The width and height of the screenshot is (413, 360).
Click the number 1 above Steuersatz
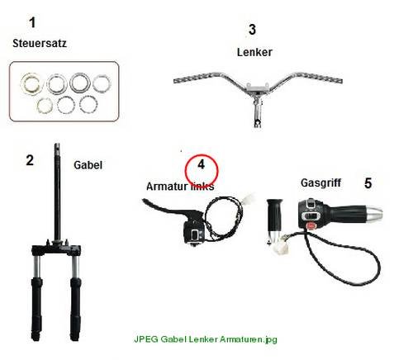[32, 22]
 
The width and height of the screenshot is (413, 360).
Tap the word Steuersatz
[40, 44]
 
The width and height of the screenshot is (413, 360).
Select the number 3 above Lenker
[252, 30]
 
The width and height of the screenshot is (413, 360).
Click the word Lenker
[254, 52]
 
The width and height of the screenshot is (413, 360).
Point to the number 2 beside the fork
[30, 160]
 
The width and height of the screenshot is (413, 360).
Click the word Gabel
[88, 165]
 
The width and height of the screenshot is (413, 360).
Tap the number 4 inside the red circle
[202, 164]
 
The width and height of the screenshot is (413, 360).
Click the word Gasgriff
[320, 183]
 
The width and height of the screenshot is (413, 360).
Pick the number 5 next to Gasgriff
[368, 183]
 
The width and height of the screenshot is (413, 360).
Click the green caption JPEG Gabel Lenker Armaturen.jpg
[206, 339]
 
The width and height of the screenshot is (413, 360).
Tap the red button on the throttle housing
[311, 225]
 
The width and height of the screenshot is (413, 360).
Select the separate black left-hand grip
[274, 216]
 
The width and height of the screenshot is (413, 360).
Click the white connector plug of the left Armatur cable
[249, 199]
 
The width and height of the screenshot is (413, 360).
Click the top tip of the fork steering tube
[57, 144]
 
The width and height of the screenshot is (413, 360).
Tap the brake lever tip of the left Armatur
[145, 201]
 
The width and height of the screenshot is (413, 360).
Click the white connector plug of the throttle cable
[281, 248]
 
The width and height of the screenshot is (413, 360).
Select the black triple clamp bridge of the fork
[56, 250]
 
